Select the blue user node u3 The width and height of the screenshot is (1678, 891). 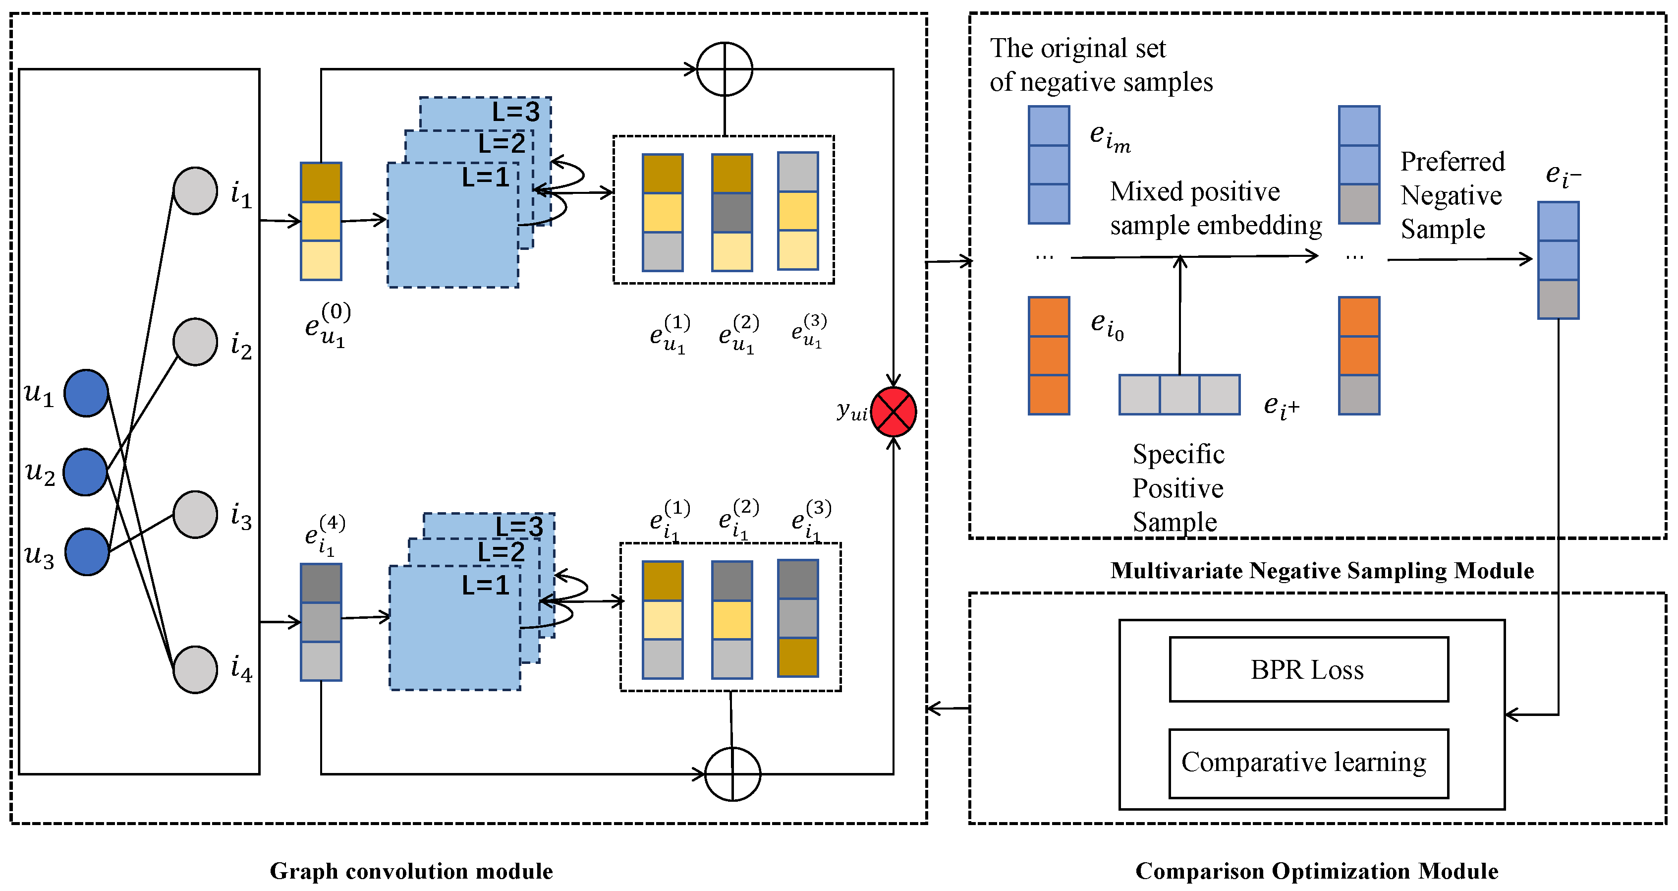(87, 551)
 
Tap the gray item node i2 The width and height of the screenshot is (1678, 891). (195, 342)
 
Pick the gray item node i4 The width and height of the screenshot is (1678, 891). (195, 669)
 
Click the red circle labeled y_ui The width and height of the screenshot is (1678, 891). (893, 412)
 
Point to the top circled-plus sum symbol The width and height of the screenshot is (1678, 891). (725, 69)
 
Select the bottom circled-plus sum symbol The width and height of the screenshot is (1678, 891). (733, 773)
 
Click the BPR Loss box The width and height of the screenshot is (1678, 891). (1308, 669)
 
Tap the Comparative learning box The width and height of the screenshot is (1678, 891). (1308, 763)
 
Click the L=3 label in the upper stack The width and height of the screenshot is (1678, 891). (515, 112)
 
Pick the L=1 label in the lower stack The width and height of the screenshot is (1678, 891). (485, 585)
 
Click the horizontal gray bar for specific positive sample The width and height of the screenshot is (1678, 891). (1179, 394)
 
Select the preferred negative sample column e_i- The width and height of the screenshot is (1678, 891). (1558, 260)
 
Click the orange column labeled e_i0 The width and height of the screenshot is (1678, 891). (1048, 355)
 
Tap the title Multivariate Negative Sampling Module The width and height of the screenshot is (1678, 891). (1322, 570)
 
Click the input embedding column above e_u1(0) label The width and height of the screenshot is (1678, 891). (321, 221)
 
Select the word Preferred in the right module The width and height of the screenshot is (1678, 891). (1452, 162)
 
